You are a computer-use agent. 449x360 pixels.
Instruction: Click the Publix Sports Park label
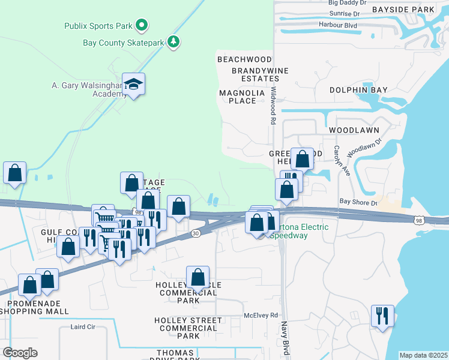[99, 26]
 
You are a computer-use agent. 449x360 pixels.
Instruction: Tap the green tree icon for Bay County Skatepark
[173, 42]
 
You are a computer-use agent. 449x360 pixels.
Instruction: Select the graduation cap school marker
[134, 84]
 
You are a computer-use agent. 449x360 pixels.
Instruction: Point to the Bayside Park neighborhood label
[402, 10]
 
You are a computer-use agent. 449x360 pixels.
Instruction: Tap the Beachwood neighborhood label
[244, 59]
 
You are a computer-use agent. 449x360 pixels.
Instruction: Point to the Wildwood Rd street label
[273, 105]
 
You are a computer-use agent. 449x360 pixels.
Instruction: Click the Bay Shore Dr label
[358, 202]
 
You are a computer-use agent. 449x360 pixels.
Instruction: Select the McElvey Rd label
[261, 315]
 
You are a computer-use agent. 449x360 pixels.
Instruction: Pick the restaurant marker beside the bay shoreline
[382, 316]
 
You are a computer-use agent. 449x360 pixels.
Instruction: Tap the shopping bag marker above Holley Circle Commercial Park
[197, 278]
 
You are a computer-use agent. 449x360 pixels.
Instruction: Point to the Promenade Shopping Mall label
[34, 307]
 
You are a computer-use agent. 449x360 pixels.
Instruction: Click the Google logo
[20, 353]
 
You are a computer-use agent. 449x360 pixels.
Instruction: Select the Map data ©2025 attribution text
[423, 355]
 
